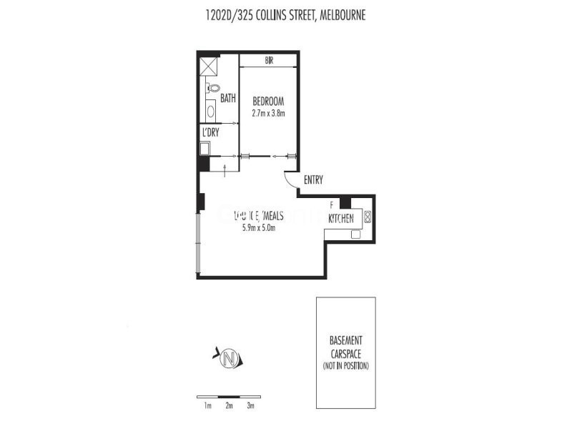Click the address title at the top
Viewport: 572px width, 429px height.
(285, 15)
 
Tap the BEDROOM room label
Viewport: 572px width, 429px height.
(269, 101)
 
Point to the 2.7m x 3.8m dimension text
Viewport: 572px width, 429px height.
(269, 113)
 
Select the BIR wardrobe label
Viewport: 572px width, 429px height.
(269, 61)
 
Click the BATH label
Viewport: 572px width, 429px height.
(227, 98)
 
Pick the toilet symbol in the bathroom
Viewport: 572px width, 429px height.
(212, 89)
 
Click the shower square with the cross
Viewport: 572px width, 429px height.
(209, 66)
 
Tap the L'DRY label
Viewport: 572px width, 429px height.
(210, 133)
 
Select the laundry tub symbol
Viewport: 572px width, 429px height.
(204, 149)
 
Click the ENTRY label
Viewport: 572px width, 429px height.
(313, 180)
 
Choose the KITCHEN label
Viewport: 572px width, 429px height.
(342, 217)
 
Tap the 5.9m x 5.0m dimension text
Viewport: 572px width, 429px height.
(259, 228)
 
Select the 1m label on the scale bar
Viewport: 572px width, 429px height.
(207, 406)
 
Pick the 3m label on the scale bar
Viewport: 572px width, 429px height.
(250, 406)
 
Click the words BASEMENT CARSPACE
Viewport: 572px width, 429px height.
(345, 347)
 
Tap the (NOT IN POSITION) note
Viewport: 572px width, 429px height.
(345, 366)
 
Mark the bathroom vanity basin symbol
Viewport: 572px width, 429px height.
(210, 112)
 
